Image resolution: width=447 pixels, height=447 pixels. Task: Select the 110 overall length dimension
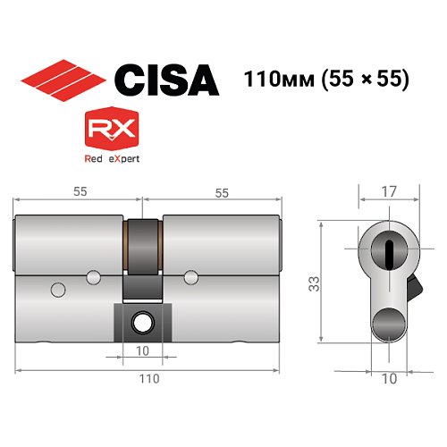click(148, 379)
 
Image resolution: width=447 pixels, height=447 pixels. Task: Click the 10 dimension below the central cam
click(142, 351)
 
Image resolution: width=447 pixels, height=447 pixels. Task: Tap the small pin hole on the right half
click(190, 275)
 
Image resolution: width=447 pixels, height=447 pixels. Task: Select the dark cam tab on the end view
click(413, 288)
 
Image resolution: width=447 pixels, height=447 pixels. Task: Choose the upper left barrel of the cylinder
click(70, 238)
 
